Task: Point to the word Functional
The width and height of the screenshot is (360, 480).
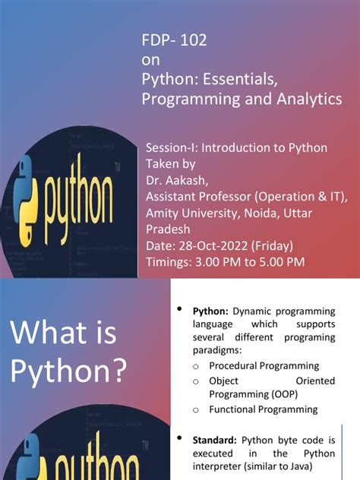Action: (x=235, y=409)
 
